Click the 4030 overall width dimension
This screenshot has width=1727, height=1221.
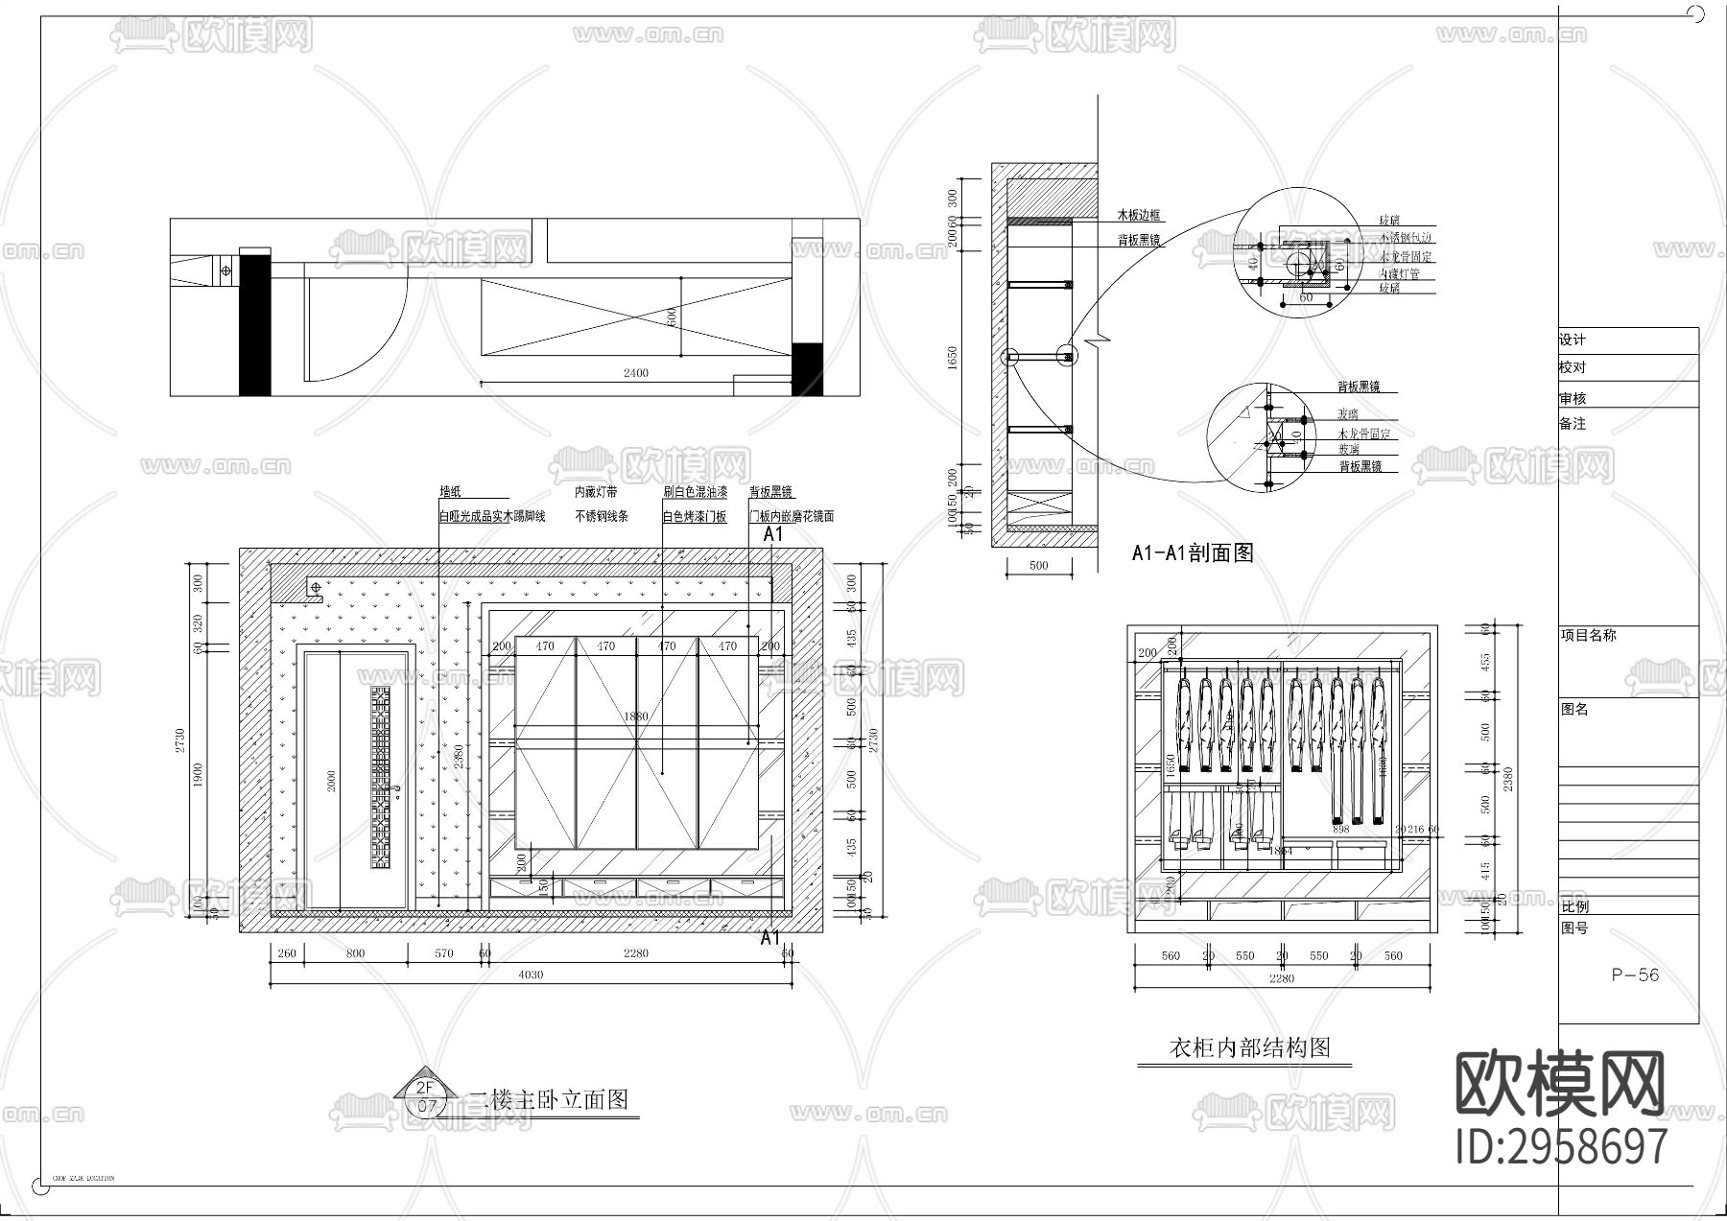531,974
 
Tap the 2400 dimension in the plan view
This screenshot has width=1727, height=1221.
635,373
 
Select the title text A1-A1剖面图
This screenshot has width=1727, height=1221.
1192,552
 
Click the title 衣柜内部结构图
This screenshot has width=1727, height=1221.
1249,1047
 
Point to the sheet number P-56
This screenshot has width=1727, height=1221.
1635,975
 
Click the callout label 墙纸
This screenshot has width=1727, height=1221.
450,492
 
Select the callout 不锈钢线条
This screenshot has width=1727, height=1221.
602,516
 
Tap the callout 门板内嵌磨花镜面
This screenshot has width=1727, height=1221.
792,516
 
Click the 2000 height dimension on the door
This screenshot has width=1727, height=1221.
331,782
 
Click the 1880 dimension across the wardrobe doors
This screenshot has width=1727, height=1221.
635,716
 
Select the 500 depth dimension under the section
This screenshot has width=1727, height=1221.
1038,566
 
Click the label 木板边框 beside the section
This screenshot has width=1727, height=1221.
1138,216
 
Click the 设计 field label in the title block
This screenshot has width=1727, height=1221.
1573,340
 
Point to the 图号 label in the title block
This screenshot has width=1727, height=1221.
1574,928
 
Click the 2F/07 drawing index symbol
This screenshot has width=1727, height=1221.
426,1096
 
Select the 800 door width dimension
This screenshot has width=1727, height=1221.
355,953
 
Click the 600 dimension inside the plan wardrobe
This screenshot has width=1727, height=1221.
672,316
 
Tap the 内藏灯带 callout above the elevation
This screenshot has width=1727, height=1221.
596,492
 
